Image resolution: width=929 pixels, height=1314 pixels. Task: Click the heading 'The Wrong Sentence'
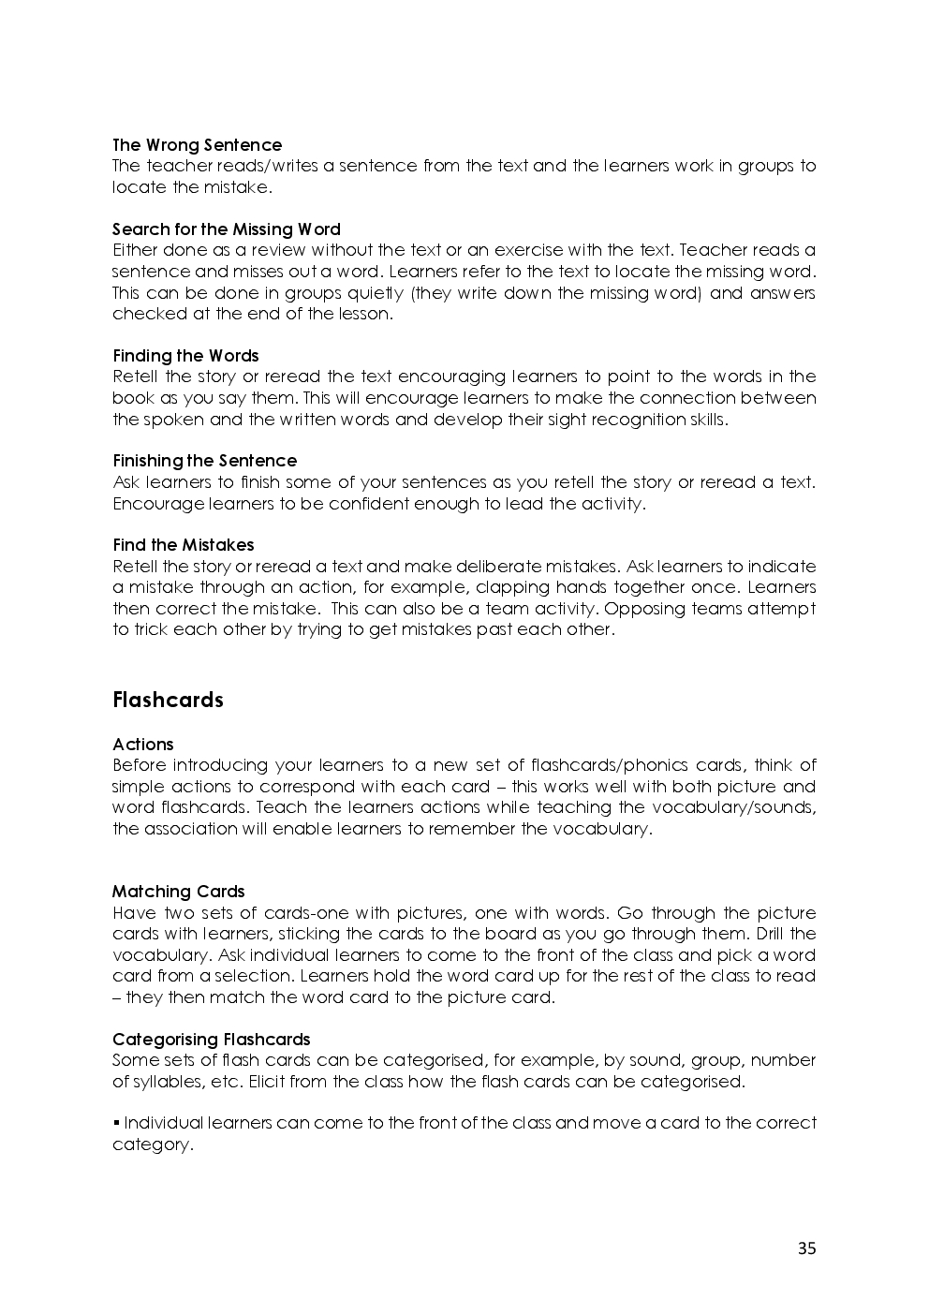tap(197, 145)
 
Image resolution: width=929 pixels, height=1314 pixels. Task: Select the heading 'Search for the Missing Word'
tap(226, 229)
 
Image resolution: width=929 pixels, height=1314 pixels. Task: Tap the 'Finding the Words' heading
tap(185, 356)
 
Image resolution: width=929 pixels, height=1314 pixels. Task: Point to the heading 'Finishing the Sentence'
tap(204, 461)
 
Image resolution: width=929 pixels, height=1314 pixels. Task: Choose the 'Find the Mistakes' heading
tap(183, 545)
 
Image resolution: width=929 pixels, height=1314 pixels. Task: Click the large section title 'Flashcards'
tap(168, 701)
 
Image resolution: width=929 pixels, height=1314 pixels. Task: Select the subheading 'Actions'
tap(142, 745)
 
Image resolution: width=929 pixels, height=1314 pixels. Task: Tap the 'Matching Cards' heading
tap(178, 892)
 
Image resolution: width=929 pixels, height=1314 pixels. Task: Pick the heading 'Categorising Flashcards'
tap(211, 1040)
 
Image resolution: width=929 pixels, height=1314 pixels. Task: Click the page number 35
tap(806, 1248)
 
